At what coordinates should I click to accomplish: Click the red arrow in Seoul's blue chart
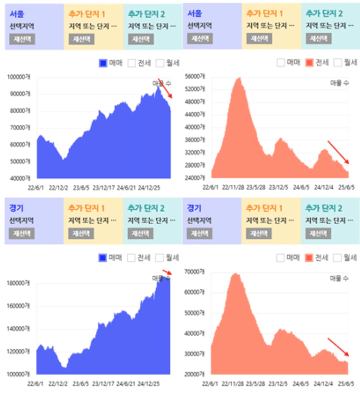165,88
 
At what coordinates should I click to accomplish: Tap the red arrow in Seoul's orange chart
338,152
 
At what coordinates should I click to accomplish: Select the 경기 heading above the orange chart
194,208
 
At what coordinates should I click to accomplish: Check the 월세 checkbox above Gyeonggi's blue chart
160,258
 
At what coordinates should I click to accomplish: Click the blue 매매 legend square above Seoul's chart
103,63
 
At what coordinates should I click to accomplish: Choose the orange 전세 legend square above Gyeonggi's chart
310,258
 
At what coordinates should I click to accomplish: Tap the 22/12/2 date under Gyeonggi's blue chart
58,384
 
